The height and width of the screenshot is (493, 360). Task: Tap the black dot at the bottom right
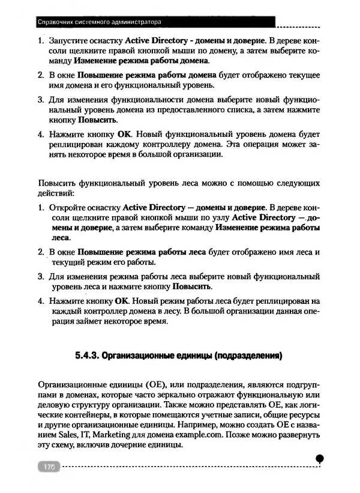(320, 459)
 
